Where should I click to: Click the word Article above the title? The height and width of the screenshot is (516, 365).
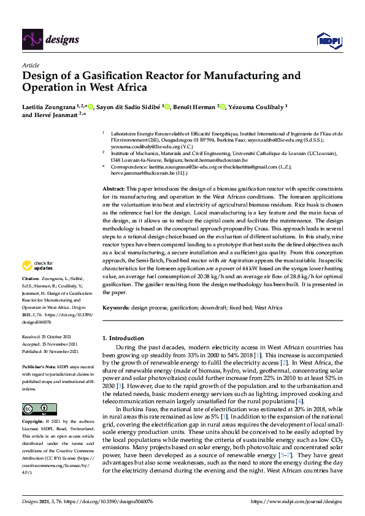tap(31, 64)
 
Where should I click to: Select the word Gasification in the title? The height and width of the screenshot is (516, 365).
tap(106, 77)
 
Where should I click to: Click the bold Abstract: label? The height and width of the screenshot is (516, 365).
tap(113, 189)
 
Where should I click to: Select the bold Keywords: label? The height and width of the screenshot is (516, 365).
tap(116, 308)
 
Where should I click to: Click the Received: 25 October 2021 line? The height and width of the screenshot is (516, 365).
tap(49, 337)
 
